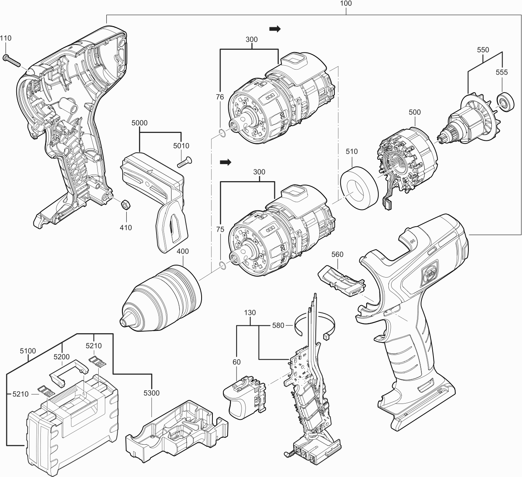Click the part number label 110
[6, 38]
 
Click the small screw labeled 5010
[185, 161]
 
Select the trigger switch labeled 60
[244, 397]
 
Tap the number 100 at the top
[346, 3]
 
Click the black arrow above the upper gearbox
[275, 29]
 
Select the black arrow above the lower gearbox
[225, 162]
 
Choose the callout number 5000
[139, 122]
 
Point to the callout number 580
[278, 325]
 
